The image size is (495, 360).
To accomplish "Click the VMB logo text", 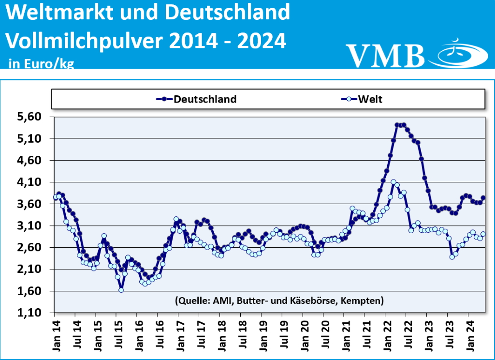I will pyautogui.click(x=385, y=55).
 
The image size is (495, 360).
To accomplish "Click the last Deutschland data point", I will pyautogui.click(x=483, y=198).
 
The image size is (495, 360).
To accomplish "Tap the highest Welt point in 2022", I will pyautogui.click(x=393, y=182).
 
